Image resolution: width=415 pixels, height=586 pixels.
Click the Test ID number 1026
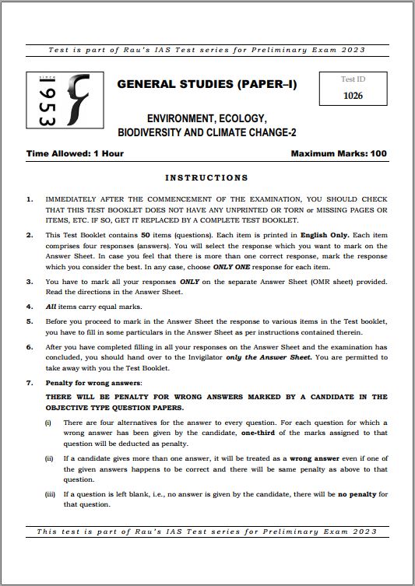tap(353, 96)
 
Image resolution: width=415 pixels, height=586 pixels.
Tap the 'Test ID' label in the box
tap(353, 79)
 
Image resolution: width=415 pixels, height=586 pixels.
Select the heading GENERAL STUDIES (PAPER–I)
tap(206, 84)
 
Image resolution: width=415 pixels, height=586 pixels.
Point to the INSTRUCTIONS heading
tap(206, 177)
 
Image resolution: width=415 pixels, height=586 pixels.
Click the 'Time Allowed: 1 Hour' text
tap(75, 153)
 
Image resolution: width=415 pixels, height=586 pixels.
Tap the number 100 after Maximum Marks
tap(378, 153)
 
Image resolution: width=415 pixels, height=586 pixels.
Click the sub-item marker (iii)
tap(51, 494)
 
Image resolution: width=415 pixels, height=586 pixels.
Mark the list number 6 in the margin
tap(30, 346)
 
